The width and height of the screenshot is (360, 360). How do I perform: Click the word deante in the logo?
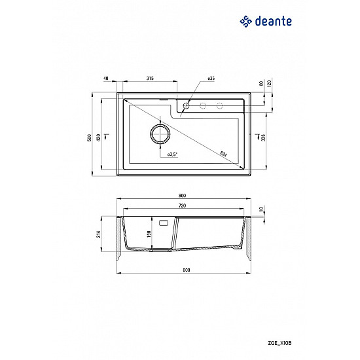272,21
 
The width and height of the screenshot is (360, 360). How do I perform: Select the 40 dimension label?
105,79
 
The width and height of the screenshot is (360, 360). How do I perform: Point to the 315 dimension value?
149,79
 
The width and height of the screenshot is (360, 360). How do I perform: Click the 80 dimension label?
261,84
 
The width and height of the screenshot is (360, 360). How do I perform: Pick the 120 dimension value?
269,84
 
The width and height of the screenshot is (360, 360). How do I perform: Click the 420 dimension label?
98,137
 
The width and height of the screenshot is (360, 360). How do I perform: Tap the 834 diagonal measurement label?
223,154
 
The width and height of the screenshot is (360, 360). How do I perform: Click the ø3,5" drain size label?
172,154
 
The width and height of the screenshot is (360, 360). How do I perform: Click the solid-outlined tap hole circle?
187,105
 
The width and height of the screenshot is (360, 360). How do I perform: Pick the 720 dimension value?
182,206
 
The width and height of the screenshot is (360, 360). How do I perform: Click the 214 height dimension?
99,234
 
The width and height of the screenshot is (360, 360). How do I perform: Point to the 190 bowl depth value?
149,234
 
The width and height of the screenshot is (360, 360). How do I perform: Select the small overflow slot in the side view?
164,222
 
